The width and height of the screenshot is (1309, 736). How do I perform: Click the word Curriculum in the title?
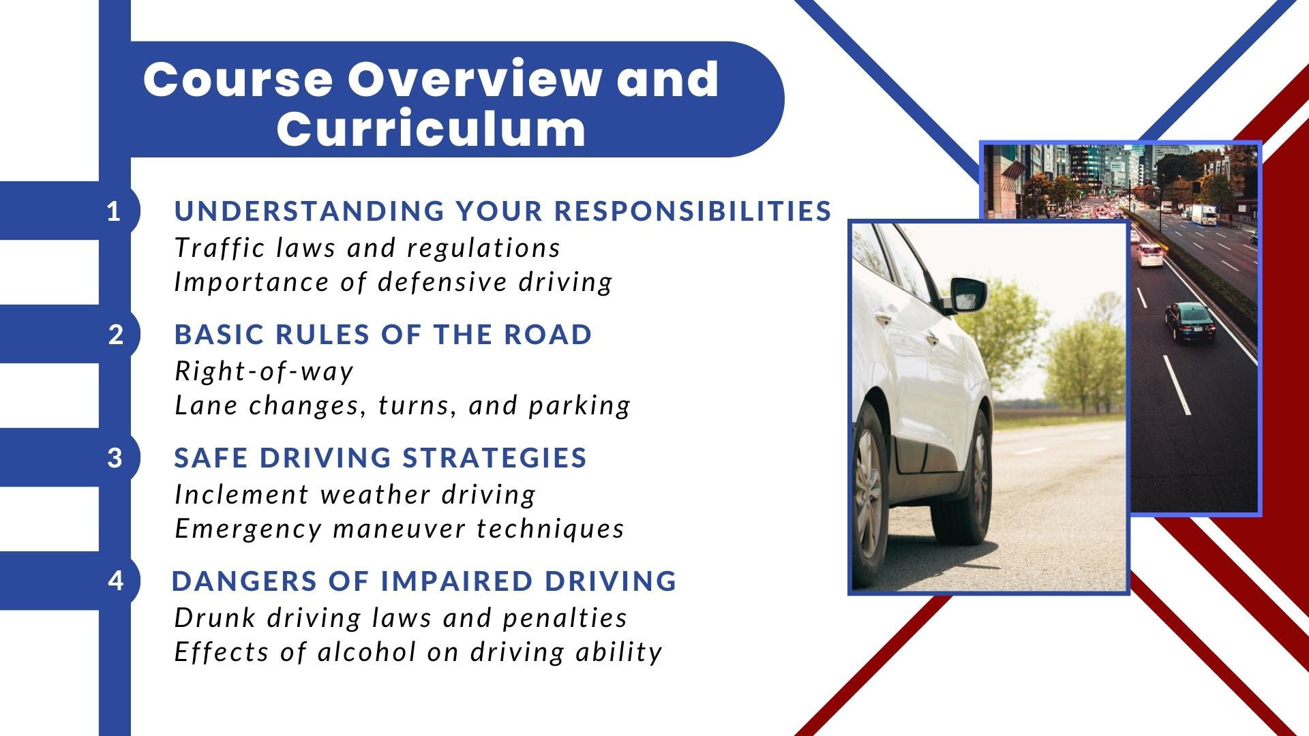431,128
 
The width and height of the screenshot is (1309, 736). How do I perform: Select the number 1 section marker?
114,211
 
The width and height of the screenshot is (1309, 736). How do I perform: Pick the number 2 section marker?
116,335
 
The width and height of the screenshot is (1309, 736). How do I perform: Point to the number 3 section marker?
115,458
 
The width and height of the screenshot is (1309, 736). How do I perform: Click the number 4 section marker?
116,581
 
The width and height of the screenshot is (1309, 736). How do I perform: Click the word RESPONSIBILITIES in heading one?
693,211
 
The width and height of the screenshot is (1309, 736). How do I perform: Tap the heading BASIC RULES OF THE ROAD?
383,335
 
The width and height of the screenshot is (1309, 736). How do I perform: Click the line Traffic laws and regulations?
367,248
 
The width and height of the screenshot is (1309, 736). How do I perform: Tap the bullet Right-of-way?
265,372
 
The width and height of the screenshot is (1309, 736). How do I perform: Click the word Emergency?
248,530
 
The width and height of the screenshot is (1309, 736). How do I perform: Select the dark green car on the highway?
1190,321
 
